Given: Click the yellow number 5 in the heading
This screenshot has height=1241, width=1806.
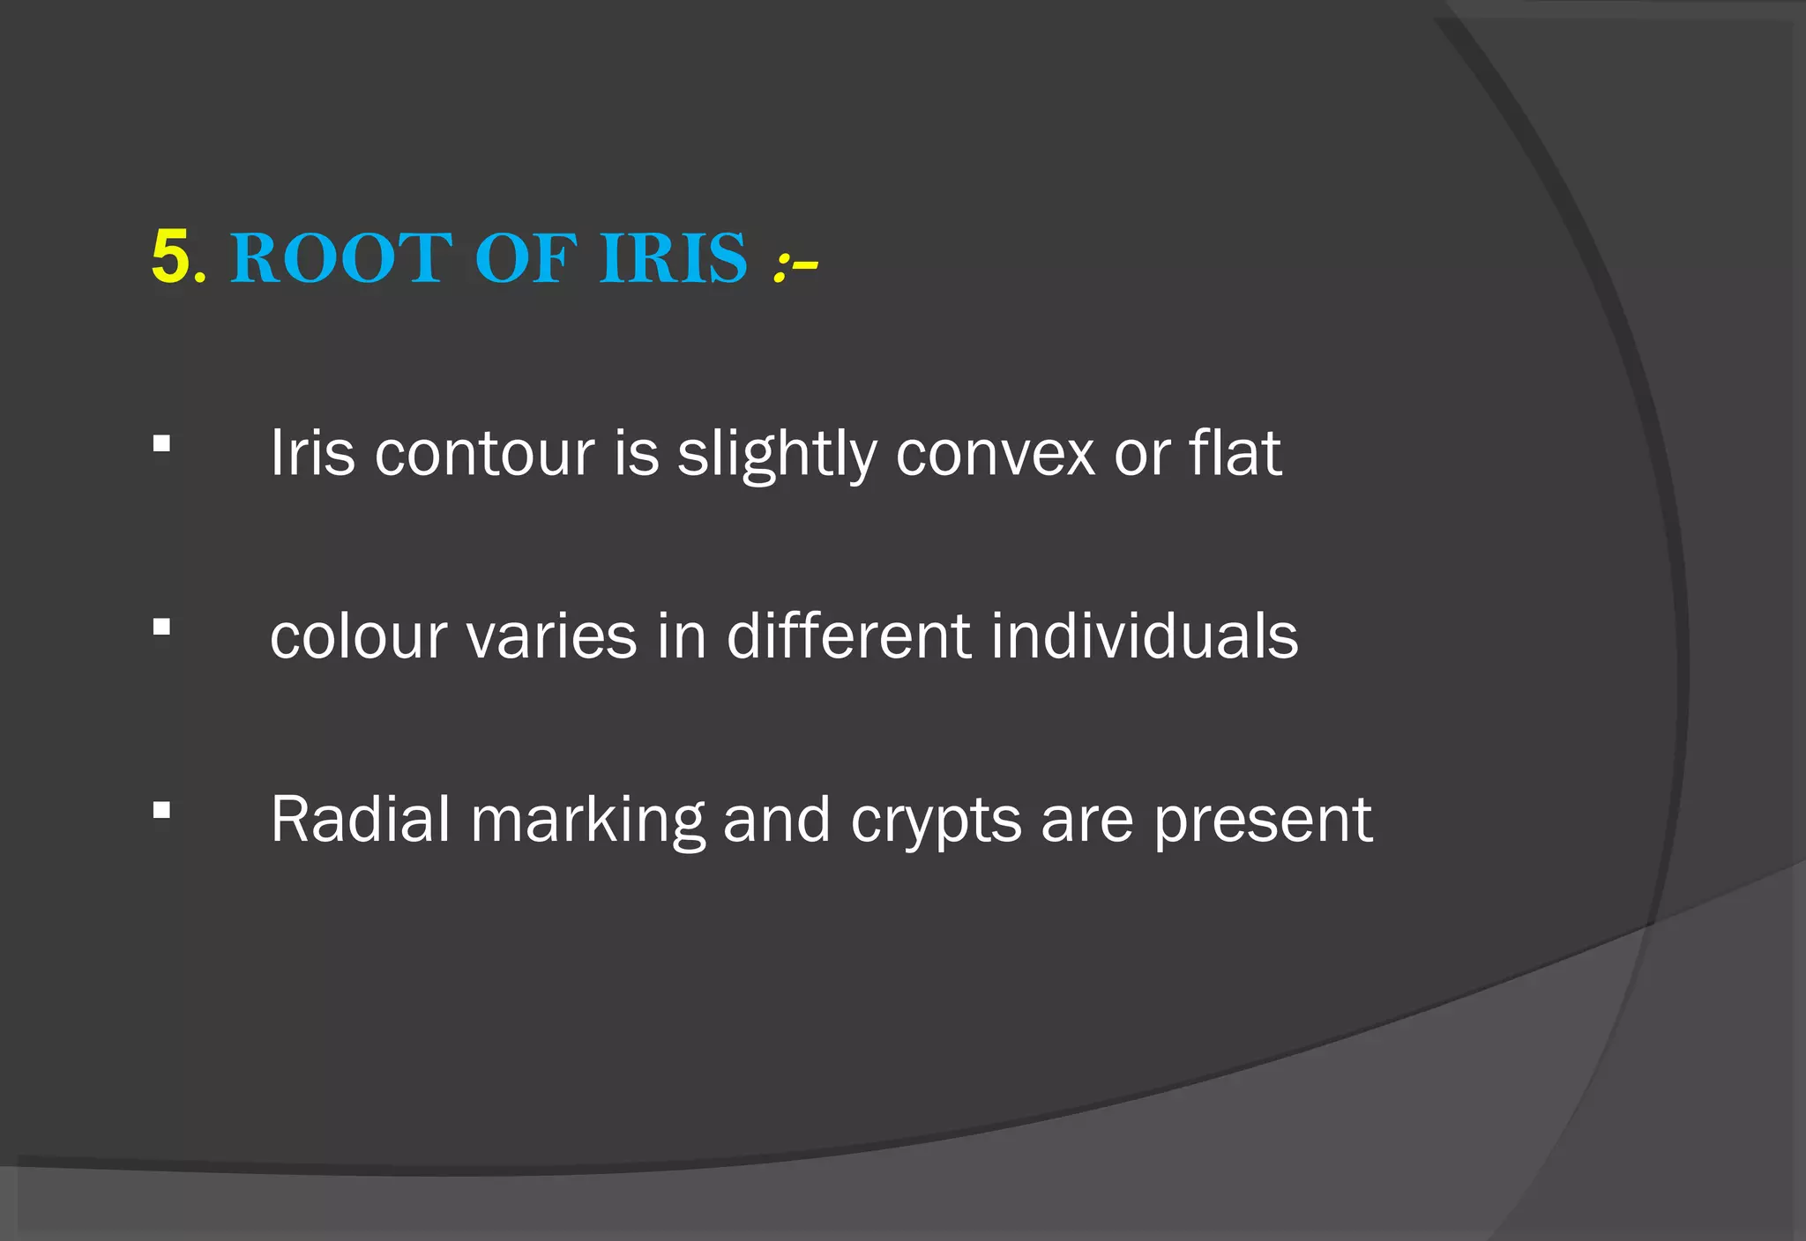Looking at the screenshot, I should tap(170, 257).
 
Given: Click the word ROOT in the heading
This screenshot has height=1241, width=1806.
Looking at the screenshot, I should tap(340, 258).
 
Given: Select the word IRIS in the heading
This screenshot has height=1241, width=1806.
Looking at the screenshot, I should tap(673, 258).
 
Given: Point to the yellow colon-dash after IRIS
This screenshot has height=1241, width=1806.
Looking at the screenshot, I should tap(795, 264).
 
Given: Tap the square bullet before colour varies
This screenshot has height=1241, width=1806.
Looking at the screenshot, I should tap(160, 627).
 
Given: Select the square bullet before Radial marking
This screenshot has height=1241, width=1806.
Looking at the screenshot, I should tap(160, 810).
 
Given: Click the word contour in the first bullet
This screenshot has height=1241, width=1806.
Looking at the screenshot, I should tap(484, 454).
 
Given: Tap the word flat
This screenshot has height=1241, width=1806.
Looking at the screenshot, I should tap(1235, 453).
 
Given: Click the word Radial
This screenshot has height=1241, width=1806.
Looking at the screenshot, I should tap(360, 820).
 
